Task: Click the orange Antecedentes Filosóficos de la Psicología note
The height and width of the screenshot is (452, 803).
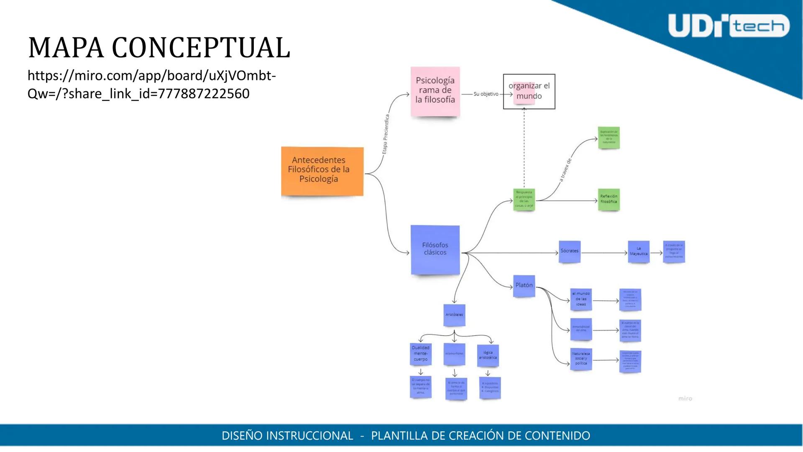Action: point(322,171)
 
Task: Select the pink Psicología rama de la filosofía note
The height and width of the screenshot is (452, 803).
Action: point(435,91)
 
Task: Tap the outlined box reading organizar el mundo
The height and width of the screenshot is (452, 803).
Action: point(529,91)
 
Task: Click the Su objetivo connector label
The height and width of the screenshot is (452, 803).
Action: point(486,94)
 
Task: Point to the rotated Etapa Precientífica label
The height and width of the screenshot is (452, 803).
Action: point(386,134)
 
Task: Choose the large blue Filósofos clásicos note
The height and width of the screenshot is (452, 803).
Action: point(435,250)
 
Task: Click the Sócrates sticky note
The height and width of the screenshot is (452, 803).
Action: point(570,252)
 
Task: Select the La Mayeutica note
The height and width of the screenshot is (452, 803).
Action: point(639,252)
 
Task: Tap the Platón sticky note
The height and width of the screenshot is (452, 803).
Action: point(524,286)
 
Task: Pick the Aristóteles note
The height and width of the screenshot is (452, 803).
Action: point(454,315)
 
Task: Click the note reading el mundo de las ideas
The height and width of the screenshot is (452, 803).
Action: point(581,299)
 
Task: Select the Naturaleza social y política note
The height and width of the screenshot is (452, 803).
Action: point(581,359)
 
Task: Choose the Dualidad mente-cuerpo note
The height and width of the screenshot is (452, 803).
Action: point(421,354)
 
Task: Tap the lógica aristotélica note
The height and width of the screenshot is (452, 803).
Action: point(488,355)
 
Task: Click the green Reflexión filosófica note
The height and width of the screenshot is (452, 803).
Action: point(609,200)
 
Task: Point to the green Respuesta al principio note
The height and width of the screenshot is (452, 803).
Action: point(524,200)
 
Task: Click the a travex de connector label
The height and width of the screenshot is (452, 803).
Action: point(565,170)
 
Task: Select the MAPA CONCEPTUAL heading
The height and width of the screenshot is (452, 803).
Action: point(159,48)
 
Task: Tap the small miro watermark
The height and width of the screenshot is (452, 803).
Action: point(685,399)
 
